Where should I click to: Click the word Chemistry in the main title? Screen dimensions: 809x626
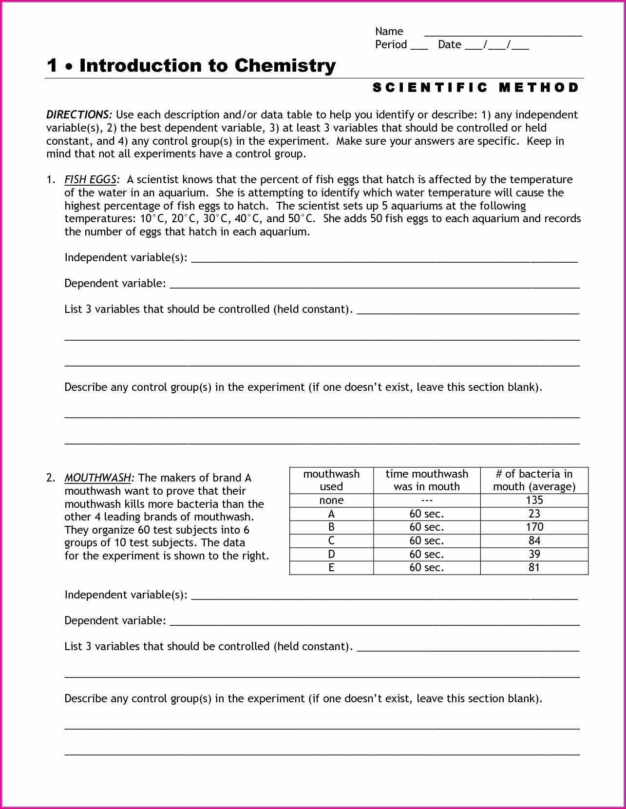pos(285,65)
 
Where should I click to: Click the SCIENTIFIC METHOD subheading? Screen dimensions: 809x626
pos(476,88)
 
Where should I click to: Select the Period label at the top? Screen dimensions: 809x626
pos(391,45)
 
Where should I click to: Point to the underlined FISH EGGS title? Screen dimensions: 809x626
pos(91,180)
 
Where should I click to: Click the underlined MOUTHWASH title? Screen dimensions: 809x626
pos(98,478)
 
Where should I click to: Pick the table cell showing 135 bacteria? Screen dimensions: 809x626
pos(534,501)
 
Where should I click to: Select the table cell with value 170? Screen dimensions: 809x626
pos(534,527)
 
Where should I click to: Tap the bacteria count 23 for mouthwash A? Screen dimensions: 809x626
pos(534,514)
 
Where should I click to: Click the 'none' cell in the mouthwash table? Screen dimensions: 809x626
pos(331,501)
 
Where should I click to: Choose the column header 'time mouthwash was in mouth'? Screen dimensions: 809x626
pos(426,481)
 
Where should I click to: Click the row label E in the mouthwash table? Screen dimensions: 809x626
pos(331,568)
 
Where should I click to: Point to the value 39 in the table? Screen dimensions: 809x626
pos(534,554)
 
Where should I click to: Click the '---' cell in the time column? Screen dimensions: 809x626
pos(426,501)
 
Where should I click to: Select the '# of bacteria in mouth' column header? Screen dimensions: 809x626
pos(534,481)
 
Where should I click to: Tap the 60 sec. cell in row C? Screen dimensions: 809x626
pos(426,541)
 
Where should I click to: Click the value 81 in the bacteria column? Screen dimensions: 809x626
pos(534,568)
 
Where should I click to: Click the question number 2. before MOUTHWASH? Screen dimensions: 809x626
pos(51,478)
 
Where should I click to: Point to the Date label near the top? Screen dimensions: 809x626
pos(449,45)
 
